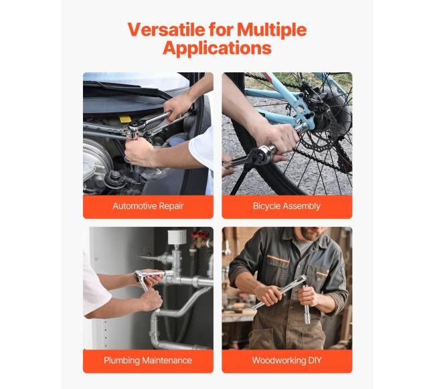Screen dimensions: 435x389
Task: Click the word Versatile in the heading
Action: click(167, 29)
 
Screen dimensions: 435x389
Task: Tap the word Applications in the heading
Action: click(217, 48)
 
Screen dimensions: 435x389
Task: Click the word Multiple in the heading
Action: click(272, 30)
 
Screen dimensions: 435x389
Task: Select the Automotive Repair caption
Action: click(148, 206)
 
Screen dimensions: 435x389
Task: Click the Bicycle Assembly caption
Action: click(286, 206)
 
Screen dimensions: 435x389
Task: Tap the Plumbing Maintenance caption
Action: click(148, 360)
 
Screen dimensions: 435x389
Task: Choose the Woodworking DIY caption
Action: click(286, 360)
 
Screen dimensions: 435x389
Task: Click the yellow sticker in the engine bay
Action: click(125, 119)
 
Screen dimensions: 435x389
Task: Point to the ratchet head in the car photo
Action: click(134, 130)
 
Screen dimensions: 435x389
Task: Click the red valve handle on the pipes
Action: click(201, 234)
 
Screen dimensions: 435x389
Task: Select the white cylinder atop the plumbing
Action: click(177, 236)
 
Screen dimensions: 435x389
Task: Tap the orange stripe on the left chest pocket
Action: click(278, 259)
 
